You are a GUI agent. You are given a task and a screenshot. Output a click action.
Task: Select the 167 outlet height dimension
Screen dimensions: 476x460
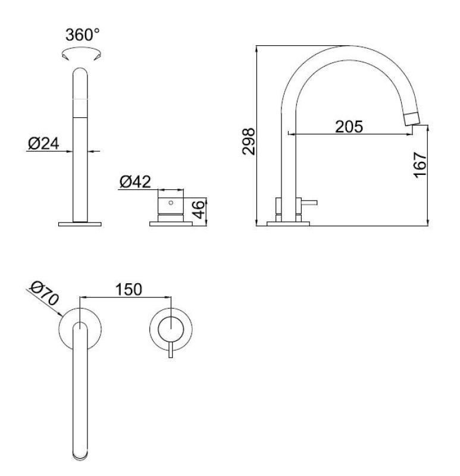(420, 164)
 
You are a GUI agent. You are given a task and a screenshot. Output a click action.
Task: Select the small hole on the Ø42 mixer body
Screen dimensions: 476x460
(171, 203)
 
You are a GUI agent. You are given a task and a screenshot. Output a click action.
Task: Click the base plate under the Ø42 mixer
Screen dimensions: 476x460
(171, 224)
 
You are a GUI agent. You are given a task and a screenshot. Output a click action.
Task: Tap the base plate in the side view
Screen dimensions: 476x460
(289, 224)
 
